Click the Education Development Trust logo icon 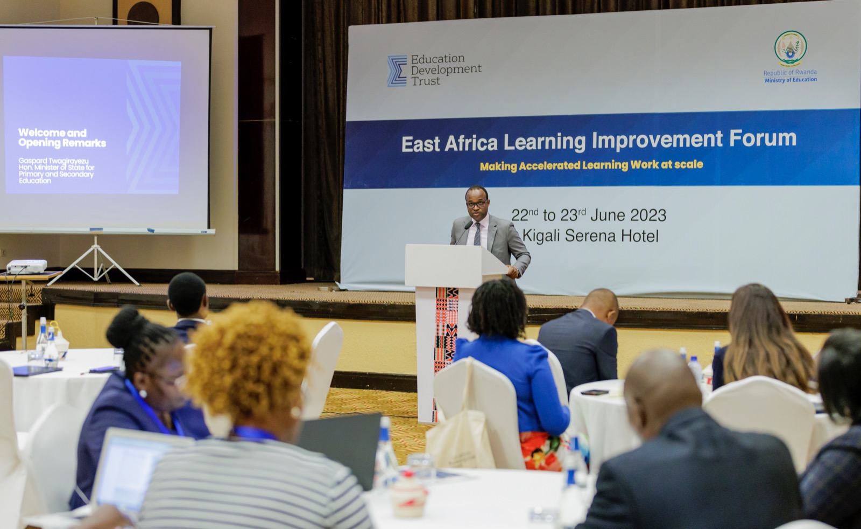tap(397, 71)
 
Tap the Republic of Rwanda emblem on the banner tap(791, 48)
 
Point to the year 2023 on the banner tap(648, 215)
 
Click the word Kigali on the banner tap(541, 236)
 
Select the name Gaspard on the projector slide tap(32, 161)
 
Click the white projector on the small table tap(27, 266)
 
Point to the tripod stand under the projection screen tap(95, 261)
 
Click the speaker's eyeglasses tap(477, 204)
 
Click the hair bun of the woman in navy tap(124, 328)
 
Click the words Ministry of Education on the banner tap(791, 80)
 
